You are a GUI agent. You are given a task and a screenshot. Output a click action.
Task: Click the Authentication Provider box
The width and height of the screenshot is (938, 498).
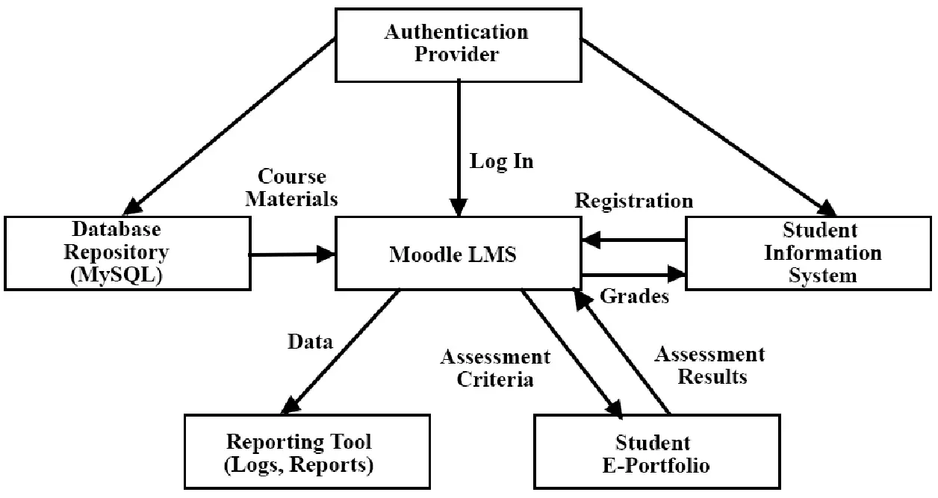(x=456, y=43)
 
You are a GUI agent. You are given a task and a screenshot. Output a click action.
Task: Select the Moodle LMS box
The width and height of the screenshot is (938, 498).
(x=457, y=254)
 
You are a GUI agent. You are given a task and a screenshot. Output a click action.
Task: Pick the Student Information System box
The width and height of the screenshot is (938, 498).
(x=810, y=252)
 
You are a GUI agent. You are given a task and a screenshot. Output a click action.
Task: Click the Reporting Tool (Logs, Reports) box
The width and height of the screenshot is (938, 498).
(x=299, y=452)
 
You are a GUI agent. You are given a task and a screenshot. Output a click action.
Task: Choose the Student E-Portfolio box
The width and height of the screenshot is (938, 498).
(x=653, y=453)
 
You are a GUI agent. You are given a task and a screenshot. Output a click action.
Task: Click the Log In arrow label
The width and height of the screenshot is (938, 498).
(x=501, y=161)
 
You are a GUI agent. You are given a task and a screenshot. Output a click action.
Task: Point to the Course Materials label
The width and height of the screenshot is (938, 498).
(x=291, y=188)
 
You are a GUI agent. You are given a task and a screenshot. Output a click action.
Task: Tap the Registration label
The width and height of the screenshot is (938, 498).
(x=633, y=201)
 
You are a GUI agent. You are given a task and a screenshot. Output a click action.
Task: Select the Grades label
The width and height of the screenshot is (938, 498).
(x=634, y=296)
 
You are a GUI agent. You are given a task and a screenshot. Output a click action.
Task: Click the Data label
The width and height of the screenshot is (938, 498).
(x=310, y=342)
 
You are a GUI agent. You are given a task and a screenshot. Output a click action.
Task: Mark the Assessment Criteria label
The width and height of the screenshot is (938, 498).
(x=495, y=367)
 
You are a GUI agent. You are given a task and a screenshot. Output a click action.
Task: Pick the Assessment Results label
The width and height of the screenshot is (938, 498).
(x=709, y=365)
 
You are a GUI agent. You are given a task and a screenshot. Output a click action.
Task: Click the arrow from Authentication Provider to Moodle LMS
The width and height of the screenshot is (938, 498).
(x=458, y=142)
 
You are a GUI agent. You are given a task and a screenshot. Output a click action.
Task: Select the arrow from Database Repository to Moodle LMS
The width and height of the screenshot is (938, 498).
(x=291, y=255)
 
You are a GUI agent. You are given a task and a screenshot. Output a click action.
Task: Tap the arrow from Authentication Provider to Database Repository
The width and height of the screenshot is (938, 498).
(x=232, y=123)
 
